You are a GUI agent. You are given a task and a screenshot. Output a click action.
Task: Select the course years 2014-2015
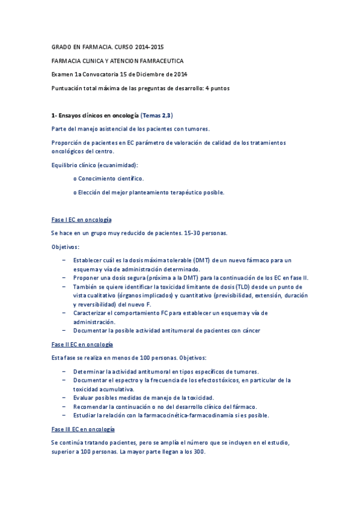pyautogui.click(x=148, y=47)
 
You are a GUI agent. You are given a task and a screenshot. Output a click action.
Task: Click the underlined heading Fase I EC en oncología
pyautogui.click(x=81, y=220)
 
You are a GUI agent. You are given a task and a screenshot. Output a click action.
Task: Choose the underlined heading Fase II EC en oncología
pyautogui.click(x=82, y=345)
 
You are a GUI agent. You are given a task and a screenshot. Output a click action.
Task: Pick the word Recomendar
pyautogui.click(x=92, y=407)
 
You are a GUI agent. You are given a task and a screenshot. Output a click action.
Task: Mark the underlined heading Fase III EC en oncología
pyautogui.click(x=83, y=429)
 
